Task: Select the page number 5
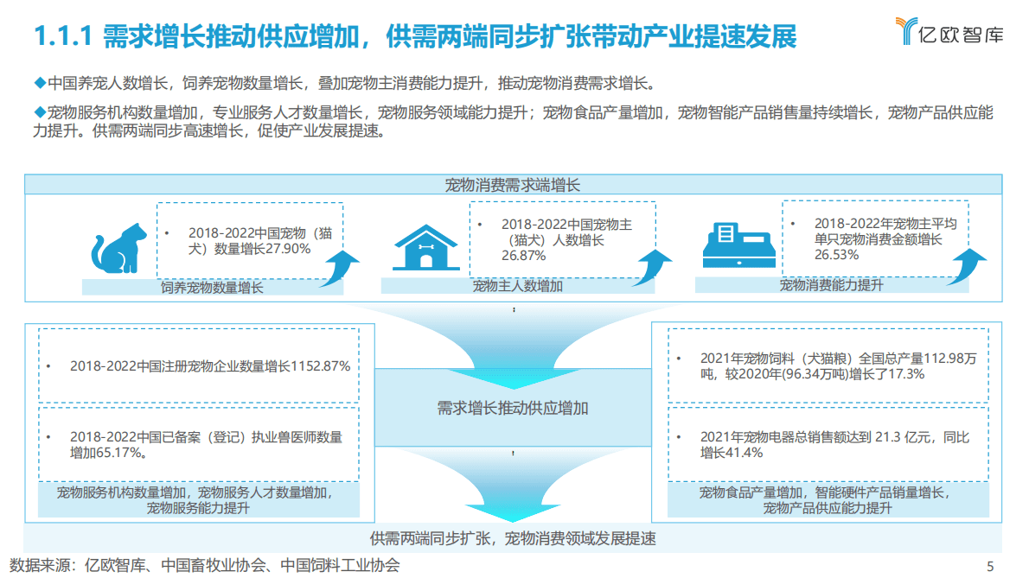990,566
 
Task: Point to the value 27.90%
289,249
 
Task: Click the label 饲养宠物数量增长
212,288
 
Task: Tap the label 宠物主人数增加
517,286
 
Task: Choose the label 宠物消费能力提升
831,284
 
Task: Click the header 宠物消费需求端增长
513,184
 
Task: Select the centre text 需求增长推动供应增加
513,408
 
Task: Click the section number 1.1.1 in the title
62,37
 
